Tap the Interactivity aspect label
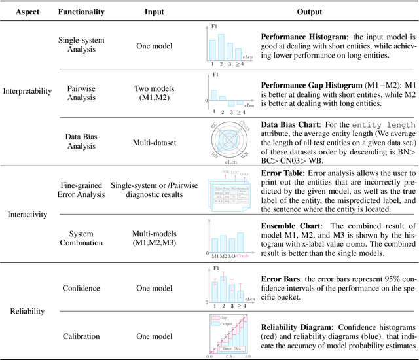26,215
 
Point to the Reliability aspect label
26,312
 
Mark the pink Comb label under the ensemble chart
243,256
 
